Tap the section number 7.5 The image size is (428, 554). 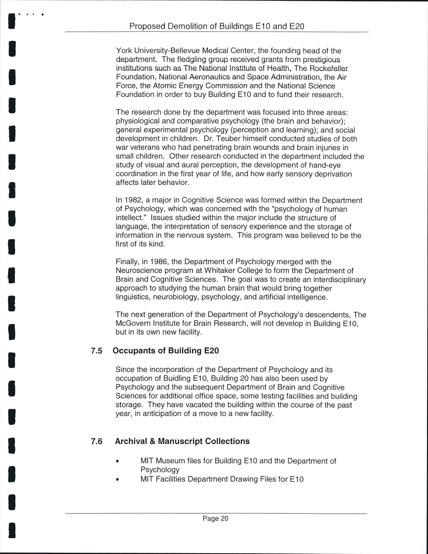pyautogui.click(x=96, y=351)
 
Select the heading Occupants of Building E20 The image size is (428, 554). pyautogui.click(x=166, y=350)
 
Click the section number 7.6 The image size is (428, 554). pyautogui.click(x=96, y=441)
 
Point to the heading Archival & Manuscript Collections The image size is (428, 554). pyautogui.click(x=182, y=441)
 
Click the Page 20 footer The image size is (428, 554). pyautogui.click(x=215, y=519)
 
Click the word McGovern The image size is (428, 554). pyautogui.click(x=133, y=324)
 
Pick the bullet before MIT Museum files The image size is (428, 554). pyautogui.click(x=118, y=461)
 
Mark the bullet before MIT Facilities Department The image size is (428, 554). pyautogui.click(x=118, y=479)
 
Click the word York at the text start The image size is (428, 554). pyautogui.click(x=124, y=51)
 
